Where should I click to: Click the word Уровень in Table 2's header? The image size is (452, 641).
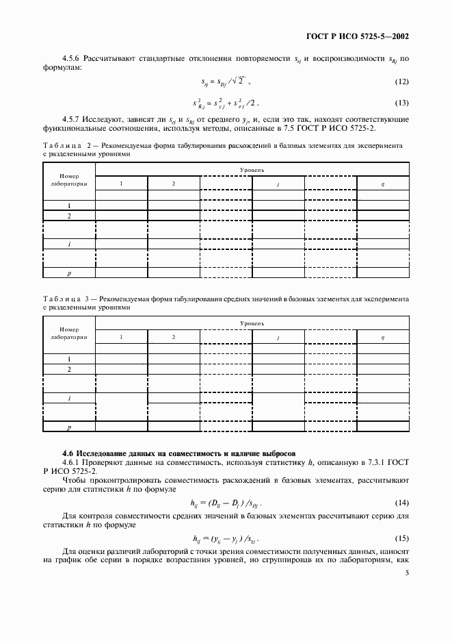252,169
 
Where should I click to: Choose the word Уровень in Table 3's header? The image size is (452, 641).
252,322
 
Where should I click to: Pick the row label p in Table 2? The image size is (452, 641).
69,274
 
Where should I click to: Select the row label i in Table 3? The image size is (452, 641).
69,398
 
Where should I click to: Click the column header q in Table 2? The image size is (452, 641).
383,184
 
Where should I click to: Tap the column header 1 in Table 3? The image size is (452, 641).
121,337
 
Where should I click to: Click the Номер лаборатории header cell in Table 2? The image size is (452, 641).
69,180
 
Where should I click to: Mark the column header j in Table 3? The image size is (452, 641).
278,338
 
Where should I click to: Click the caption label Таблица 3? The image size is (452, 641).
62,299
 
